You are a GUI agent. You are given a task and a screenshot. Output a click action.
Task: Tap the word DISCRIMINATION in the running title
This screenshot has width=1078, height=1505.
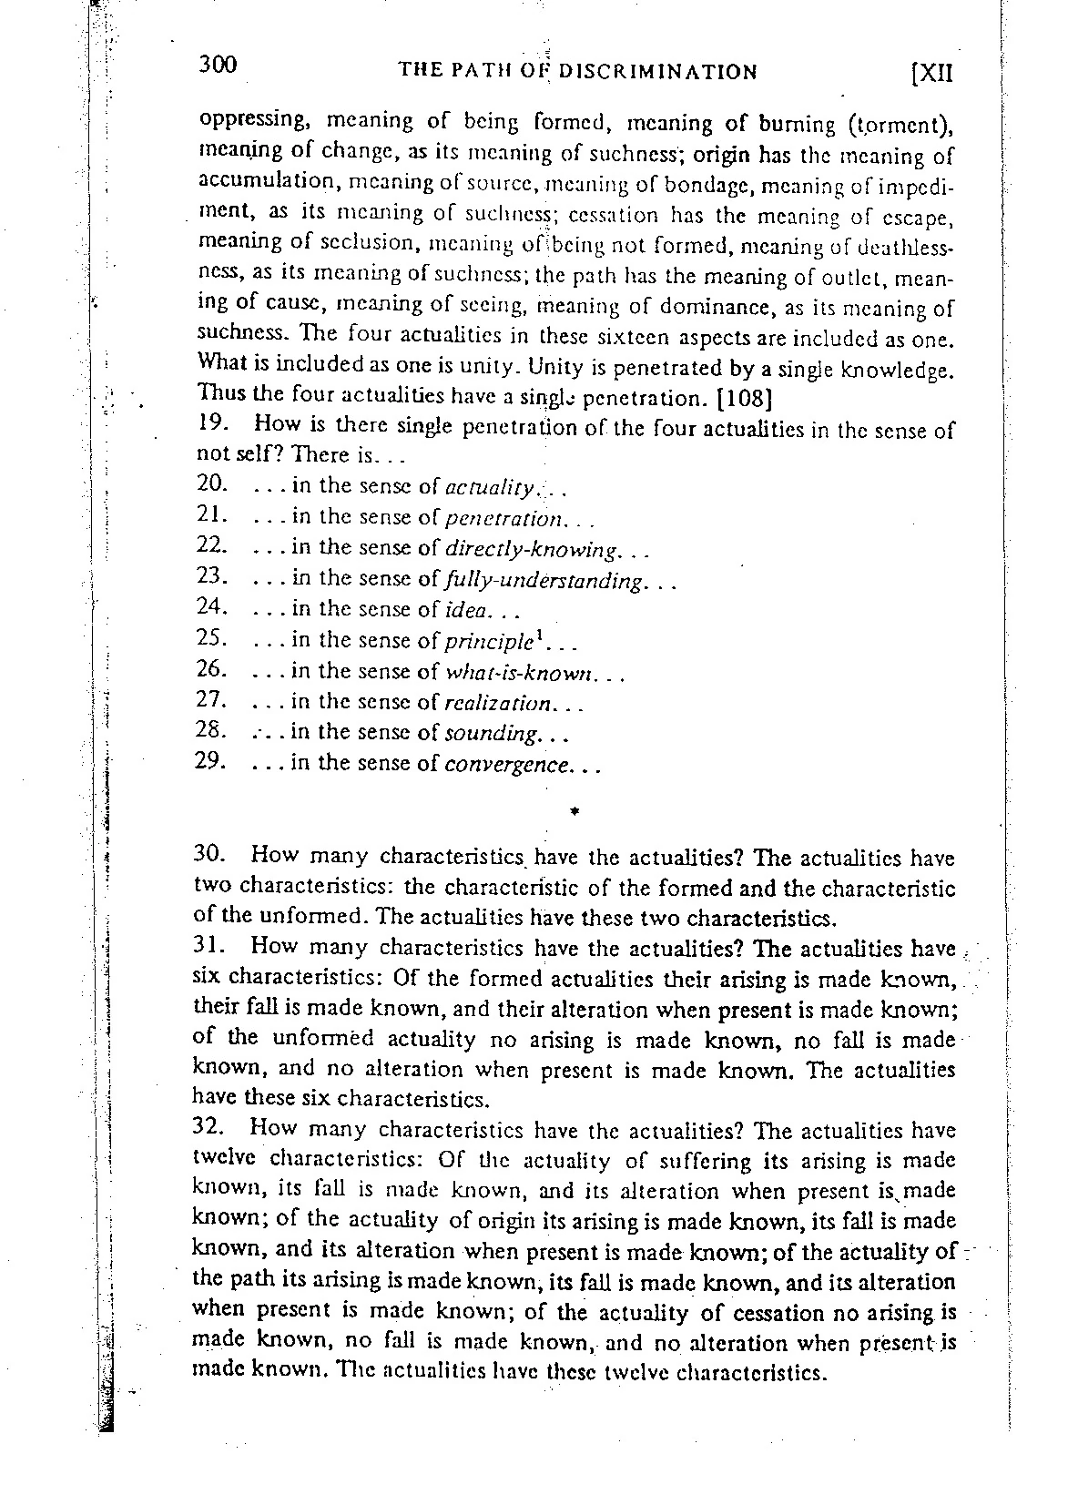656,71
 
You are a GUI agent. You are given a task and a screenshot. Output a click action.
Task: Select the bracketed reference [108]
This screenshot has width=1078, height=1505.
746,398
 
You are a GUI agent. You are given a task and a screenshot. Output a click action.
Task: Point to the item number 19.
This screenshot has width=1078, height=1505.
211,424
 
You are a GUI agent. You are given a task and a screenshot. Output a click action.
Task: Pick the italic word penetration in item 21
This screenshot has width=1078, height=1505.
504,518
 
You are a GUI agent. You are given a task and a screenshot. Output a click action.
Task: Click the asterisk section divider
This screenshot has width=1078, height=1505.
575,809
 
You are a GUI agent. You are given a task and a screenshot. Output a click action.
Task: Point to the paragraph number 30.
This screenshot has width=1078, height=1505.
214,856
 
